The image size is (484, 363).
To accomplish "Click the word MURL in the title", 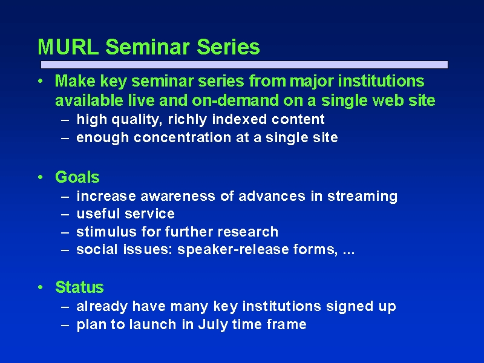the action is tap(68, 47).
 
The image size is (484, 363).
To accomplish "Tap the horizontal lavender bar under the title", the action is tap(244, 65).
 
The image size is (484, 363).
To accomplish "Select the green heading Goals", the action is tap(77, 177).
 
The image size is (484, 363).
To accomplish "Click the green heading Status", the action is tap(79, 287).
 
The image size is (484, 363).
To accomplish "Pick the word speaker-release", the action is tap(233, 250).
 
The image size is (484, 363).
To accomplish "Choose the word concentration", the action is tap(183, 138).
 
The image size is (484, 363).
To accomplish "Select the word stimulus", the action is tap(106, 232).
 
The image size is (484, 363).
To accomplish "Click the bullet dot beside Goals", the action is tap(40, 177).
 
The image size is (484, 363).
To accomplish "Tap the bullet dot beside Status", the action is tap(40, 287).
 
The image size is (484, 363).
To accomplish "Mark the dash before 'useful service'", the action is tap(65, 214).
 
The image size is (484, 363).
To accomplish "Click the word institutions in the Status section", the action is tap(282, 307).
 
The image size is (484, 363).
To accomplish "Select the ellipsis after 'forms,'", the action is tap(349, 253).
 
